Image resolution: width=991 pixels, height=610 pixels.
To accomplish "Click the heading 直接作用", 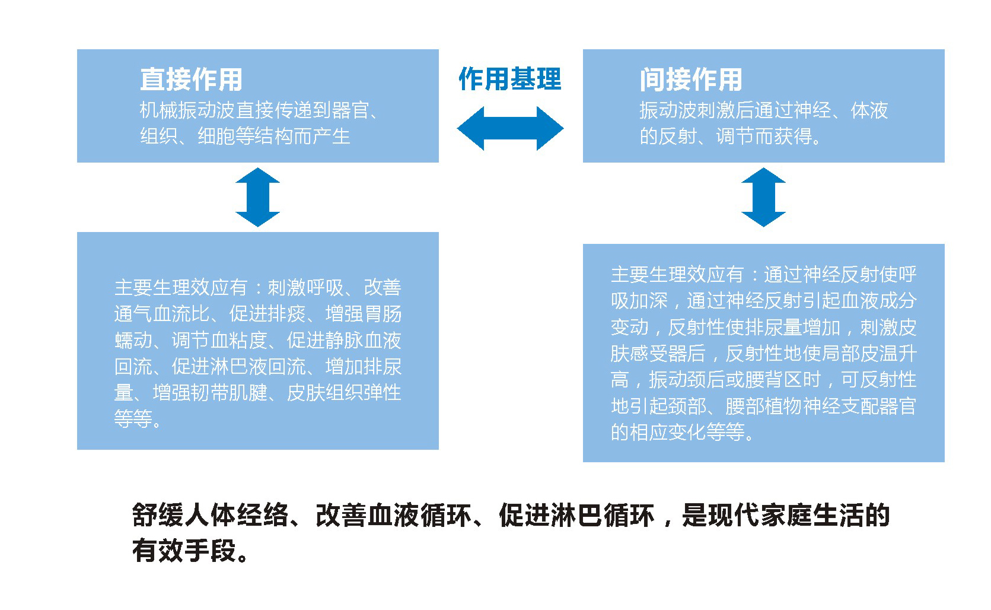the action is coord(191,80).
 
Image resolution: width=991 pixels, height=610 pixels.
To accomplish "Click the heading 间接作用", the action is coord(691,80).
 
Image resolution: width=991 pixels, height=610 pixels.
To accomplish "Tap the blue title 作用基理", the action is coord(510,79).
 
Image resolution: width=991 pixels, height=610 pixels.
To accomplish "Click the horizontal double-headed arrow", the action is coord(510,128).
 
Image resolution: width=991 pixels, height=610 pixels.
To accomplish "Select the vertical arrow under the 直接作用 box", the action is coord(257,197).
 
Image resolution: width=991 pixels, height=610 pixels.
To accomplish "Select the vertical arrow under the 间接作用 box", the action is coord(763,197).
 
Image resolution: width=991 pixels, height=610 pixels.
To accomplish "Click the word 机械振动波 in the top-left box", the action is coord(187,110).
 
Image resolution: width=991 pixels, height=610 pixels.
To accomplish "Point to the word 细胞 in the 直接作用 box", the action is coord(216,136).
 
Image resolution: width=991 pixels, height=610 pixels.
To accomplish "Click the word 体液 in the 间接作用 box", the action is coord(869,110).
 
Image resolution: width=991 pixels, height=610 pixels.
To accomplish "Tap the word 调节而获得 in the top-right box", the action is coord(764,136).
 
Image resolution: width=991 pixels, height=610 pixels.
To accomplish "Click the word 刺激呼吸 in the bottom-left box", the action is coord(305,288).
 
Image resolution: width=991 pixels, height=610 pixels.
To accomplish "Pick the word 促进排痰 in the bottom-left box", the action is coord(267,314).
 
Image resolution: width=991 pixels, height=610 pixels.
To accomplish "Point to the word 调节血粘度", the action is coord(219,341).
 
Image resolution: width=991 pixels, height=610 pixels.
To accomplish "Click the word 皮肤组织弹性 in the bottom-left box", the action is coord(344,393).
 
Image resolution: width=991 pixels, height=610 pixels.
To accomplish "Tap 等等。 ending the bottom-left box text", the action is coord(138,419).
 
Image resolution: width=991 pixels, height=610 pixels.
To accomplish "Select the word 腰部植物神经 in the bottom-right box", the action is coord(783,406).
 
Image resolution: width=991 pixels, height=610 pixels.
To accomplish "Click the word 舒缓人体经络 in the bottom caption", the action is coord(210,515).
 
